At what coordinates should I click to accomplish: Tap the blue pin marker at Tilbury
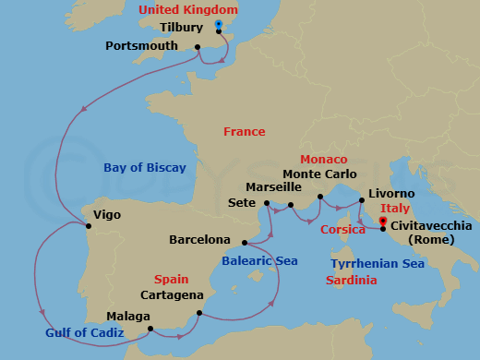(x=218, y=25)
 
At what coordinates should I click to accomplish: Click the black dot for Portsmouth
(x=198, y=46)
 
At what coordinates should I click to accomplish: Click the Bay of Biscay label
(x=144, y=168)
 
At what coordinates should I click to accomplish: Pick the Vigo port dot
(x=89, y=224)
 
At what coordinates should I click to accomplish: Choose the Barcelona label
(x=199, y=240)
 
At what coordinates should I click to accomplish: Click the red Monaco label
(x=323, y=160)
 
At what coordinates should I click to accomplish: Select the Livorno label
(x=391, y=194)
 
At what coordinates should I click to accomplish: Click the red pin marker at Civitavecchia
(x=383, y=222)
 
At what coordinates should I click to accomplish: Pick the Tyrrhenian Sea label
(x=378, y=264)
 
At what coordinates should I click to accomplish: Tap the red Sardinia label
(x=351, y=280)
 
